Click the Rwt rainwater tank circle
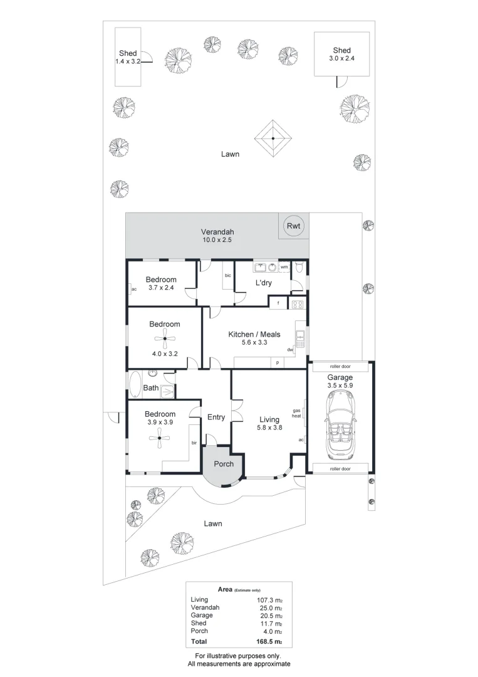coord(293,226)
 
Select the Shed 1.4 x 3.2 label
coord(128,56)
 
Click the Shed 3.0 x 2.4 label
coord(341,54)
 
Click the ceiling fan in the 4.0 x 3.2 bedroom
coord(164,341)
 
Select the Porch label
coord(224,464)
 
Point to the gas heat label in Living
coord(297,414)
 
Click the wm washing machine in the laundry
coord(284,267)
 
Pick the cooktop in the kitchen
coord(297,305)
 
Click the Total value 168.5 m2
coord(270,642)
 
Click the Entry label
coord(216,417)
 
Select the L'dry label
coord(262,284)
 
